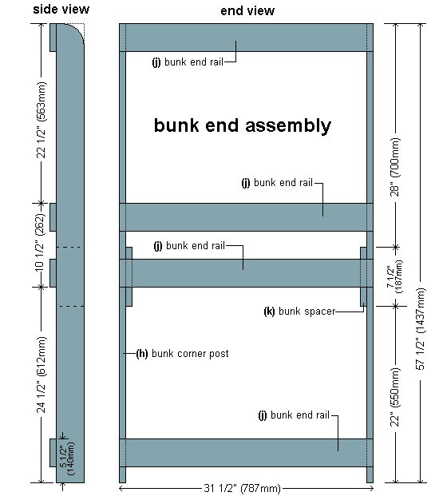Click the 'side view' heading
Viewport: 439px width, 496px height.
(61, 9)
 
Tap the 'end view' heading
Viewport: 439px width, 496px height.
(247, 10)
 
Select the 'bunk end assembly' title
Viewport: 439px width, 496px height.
(243, 125)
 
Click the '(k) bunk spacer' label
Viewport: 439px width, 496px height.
(299, 311)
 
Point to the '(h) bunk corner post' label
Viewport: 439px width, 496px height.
(182, 353)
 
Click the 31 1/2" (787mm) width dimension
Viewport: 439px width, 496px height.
(242, 488)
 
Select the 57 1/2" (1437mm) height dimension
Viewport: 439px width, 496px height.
(421, 329)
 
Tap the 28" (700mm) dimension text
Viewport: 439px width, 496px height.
(395, 167)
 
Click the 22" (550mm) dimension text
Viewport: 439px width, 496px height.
(395, 397)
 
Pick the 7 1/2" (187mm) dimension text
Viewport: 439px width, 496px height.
(395, 276)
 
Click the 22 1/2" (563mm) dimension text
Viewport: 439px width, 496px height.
(41, 120)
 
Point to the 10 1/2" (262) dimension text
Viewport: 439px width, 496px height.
(40, 243)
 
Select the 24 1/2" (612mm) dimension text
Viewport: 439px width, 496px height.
(41, 375)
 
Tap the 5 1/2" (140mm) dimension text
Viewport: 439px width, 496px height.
(67, 458)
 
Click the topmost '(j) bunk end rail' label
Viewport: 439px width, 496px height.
(188, 62)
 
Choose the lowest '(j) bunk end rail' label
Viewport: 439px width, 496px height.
(294, 415)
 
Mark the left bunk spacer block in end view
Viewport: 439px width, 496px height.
(129, 276)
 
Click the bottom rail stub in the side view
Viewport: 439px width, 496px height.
(53, 453)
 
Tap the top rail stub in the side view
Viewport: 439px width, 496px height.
(53, 38)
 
